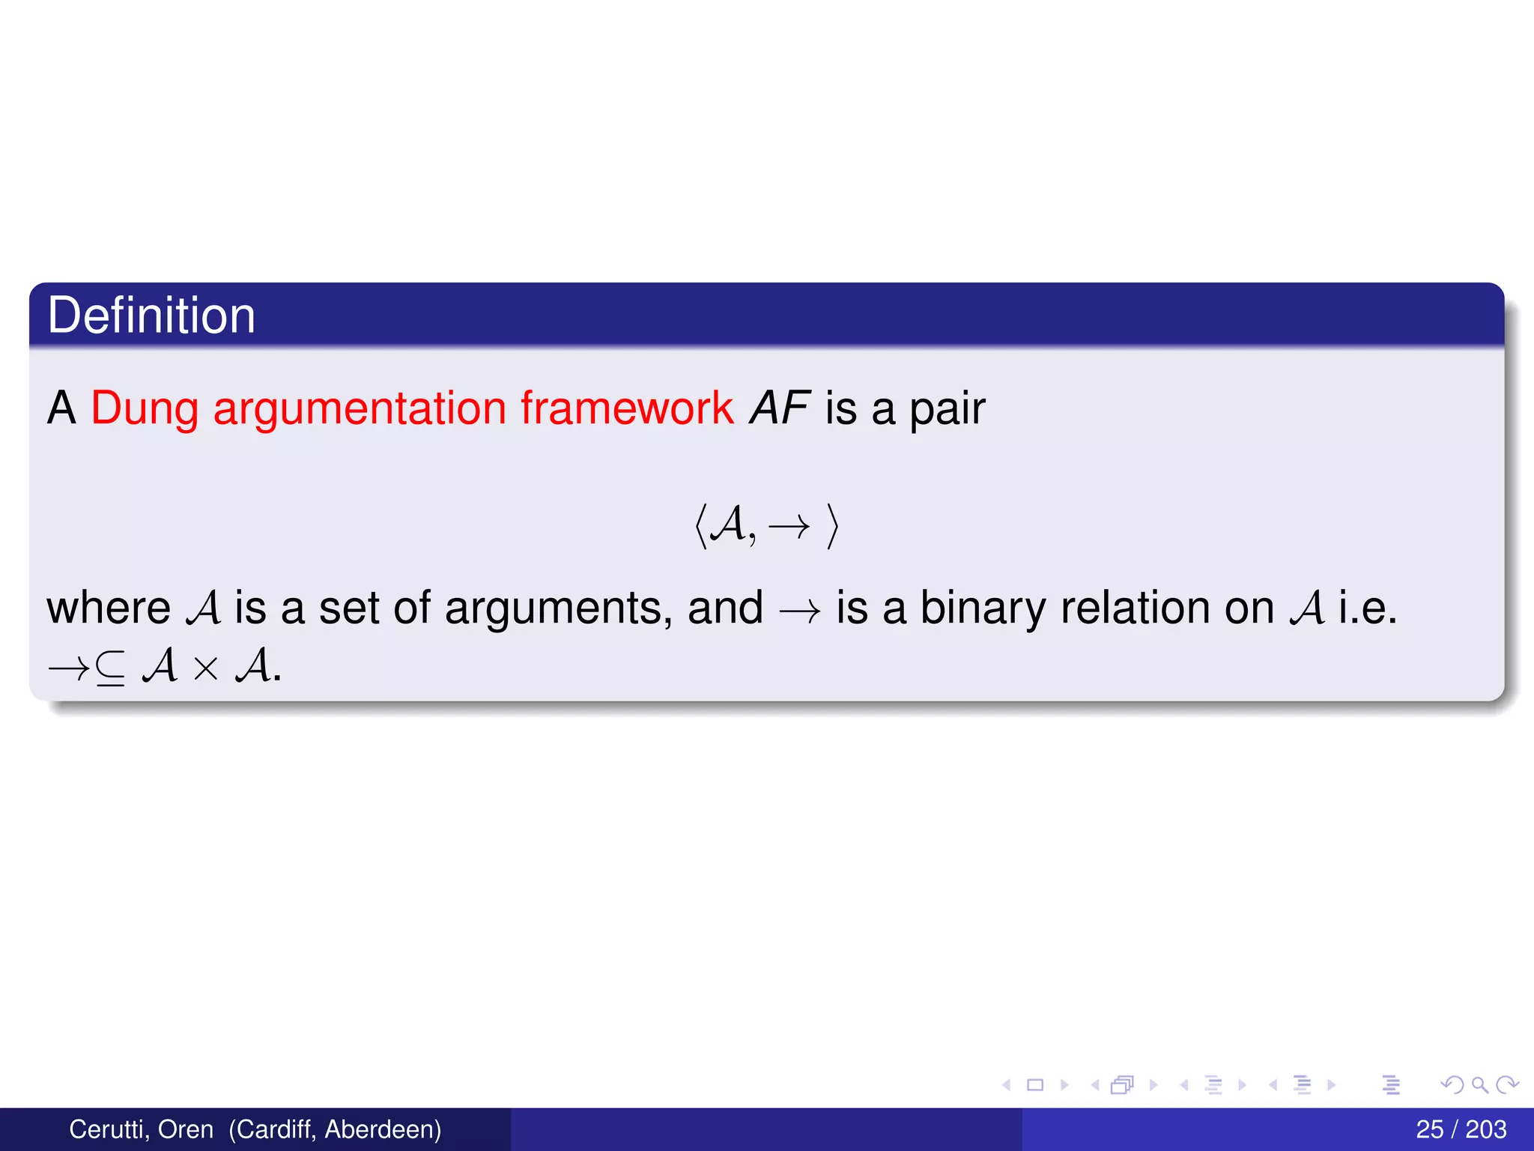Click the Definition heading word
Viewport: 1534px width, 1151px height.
pos(151,315)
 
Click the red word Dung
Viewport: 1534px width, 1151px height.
pos(145,408)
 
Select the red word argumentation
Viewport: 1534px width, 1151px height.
pos(360,408)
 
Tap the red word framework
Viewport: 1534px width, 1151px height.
pos(627,408)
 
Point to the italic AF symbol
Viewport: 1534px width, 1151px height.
pos(779,408)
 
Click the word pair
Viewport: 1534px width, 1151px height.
pos(947,410)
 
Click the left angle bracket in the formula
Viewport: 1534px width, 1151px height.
pos(700,526)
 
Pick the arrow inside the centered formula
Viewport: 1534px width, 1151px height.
pos(789,527)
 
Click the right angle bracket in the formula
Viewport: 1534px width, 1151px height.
pos(832,526)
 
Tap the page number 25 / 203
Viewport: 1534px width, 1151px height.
pos(1461,1129)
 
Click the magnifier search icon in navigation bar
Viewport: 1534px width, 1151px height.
pos(1479,1084)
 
